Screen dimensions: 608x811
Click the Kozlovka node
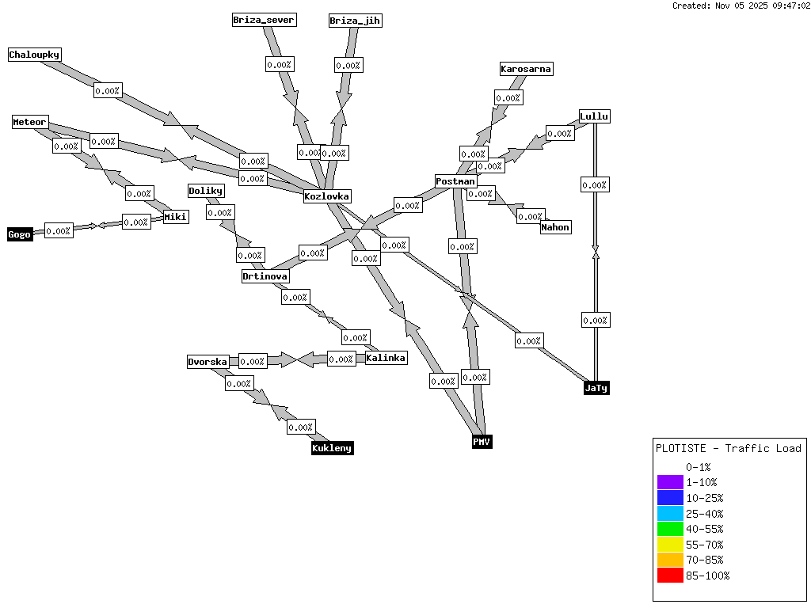[x=327, y=196]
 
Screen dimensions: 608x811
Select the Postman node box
[x=455, y=181]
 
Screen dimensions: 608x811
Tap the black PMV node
[x=482, y=441]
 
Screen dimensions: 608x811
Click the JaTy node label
[x=596, y=388]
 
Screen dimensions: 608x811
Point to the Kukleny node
[x=332, y=448]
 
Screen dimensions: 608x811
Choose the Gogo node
[x=20, y=234]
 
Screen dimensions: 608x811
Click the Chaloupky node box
[x=35, y=55]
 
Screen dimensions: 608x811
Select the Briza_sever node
[x=265, y=20]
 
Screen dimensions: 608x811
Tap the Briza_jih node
[x=356, y=21]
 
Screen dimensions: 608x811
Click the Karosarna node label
[x=526, y=69]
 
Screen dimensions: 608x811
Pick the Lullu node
[x=594, y=116]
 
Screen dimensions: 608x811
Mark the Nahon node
[x=555, y=227]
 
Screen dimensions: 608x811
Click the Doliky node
[x=206, y=191]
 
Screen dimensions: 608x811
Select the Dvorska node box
[x=208, y=362]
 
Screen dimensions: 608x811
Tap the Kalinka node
[x=386, y=358]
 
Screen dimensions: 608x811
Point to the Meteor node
[x=30, y=122]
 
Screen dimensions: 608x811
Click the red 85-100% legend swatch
[x=670, y=576]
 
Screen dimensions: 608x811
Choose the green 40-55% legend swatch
[x=670, y=529]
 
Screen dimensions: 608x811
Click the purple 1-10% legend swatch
[x=670, y=482]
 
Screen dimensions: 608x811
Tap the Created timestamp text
[x=741, y=6]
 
